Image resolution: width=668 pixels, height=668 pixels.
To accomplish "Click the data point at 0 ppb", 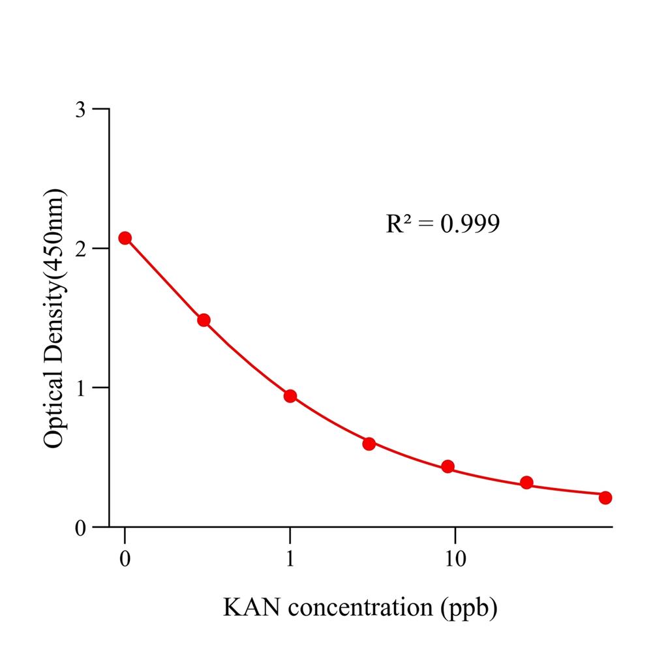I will (x=125, y=238).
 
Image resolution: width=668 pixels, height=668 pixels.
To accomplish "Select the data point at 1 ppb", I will (x=290, y=396).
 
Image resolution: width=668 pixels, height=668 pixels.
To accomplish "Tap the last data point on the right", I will (x=605, y=498).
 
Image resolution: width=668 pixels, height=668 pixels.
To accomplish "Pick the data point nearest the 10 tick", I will (x=448, y=466).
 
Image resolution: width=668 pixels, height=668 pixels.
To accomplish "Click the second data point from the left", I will (x=204, y=320).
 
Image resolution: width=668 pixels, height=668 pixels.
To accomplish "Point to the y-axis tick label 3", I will (x=80, y=109).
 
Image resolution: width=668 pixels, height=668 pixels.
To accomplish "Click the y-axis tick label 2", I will (x=80, y=249).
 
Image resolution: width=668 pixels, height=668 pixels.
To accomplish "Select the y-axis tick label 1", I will (x=80, y=387).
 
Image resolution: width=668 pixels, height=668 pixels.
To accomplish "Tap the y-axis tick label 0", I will (x=80, y=527).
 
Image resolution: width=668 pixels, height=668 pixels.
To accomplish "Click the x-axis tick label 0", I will (x=125, y=559).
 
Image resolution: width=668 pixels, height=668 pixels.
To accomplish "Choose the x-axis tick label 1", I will (x=290, y=559).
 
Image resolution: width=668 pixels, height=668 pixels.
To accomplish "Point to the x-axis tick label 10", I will (x=455, y=559).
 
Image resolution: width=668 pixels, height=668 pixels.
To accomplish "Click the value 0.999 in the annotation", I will (x=470, y=224).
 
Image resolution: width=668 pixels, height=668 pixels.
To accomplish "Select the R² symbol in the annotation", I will (x=399, y=224).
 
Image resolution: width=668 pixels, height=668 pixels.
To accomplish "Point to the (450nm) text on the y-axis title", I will (x=54, y=235).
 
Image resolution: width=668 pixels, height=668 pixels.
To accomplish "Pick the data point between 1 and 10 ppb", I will (x=369, y=444).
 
